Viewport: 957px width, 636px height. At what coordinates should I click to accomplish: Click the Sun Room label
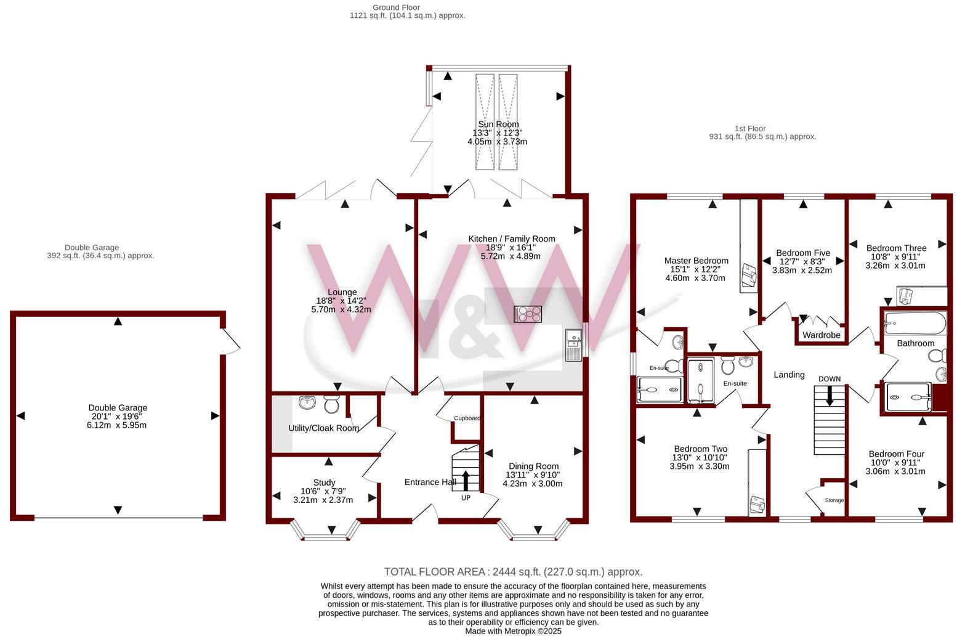pos(498,124)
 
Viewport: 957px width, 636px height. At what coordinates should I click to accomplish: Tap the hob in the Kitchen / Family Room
pos(528,314)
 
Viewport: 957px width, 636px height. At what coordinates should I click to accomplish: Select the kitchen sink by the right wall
pos(573,344)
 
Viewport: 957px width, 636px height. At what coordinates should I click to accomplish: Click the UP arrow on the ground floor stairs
pos(465,479)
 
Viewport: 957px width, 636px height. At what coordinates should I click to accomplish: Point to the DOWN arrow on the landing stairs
pos(830,395)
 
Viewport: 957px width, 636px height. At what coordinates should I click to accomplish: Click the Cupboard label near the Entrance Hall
pos(467,418)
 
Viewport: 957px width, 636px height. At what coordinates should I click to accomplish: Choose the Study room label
pos(324,483)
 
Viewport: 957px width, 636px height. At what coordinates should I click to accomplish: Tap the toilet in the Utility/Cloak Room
pos(331,405)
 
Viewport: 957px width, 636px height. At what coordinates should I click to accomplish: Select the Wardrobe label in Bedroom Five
pos(822,335)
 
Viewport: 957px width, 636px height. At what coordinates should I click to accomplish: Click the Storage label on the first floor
pos(834,500)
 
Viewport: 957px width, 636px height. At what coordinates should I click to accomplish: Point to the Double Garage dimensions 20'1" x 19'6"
pos(117,417)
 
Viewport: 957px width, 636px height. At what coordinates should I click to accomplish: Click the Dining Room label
pos(533,467)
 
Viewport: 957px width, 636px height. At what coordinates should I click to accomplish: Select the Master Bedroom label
pos(696,261)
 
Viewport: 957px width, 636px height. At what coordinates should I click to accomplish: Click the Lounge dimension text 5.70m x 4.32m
pos(341,310)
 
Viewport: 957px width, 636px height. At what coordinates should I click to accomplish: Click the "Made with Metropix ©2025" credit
pos(513,631)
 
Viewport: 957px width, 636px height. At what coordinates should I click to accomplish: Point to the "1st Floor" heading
pos(750,128)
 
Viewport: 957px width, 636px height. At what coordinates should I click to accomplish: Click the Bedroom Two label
pos(700,449)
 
